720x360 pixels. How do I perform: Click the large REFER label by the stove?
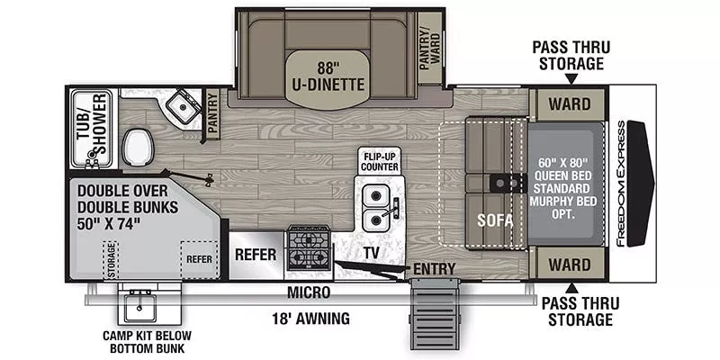pyautogui.click(x=255, y=255)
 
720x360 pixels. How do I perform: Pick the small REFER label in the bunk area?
pyautogui.click(x=199, y=258)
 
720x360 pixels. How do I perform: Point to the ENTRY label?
pyautogui.click(x=435, y=269)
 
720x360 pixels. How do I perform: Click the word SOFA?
pyautogui.click(x=490, y=219)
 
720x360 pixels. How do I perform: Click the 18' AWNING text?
pyautogui.click(x=310, y=319)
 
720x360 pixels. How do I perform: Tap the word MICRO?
pyautogui.click(x=308, y=293)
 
